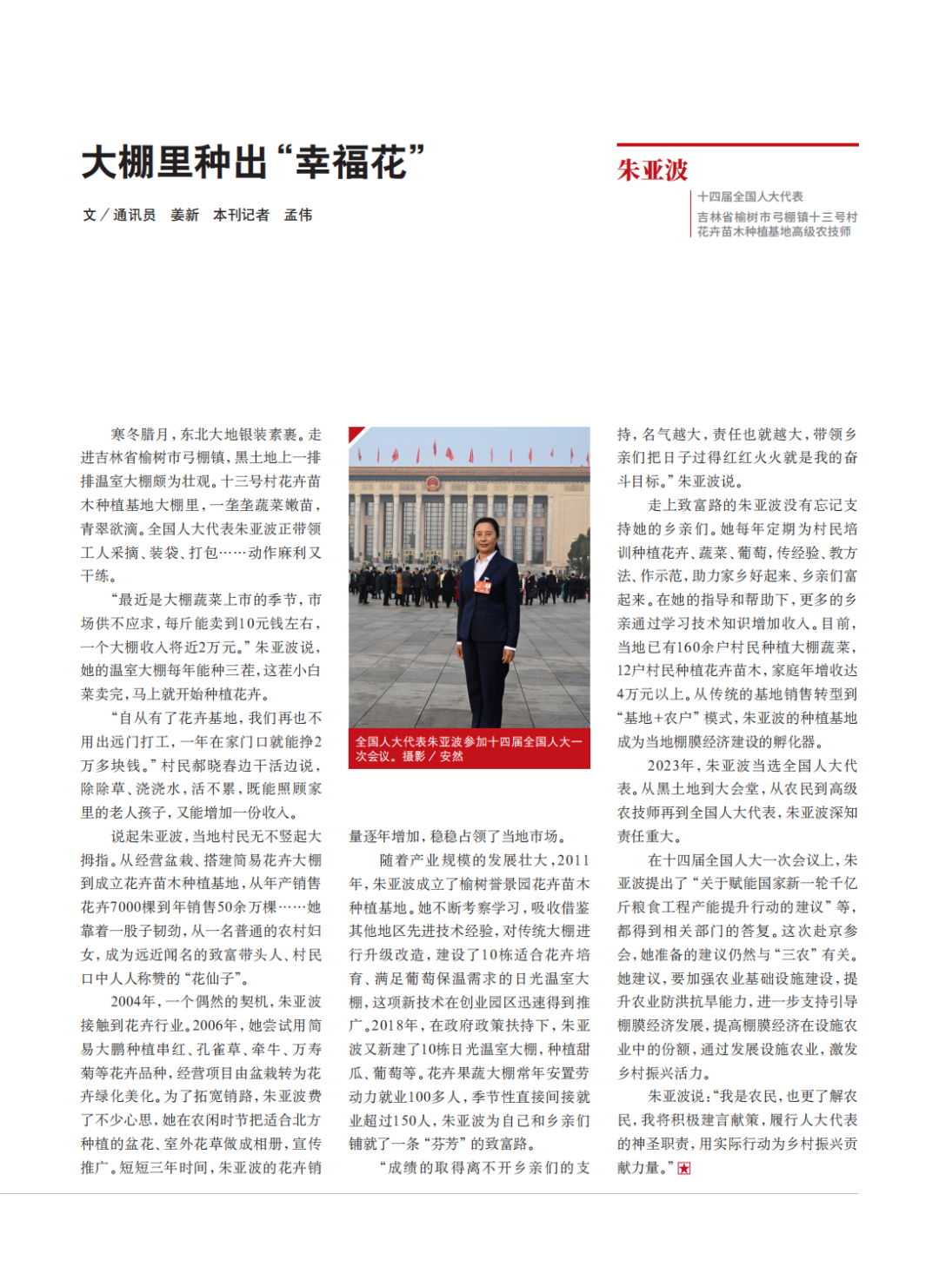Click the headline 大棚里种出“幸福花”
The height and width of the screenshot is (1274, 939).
pyautogui.click(x=253, y=163)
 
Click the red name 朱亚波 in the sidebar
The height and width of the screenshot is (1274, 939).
pyautogui.click(x=652, y=170)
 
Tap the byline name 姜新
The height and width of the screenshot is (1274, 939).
pyautogui.click(x=184, y=215)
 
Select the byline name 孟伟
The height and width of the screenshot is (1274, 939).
pyautogui.click(x=298, y=215)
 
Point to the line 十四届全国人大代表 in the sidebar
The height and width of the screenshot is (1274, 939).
pyautogui.click(x=749, y=196)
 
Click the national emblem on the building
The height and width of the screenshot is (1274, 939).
pyautogui.click(x=432, y=483)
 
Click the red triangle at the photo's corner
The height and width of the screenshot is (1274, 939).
pyautogui.click(x=355, y=432)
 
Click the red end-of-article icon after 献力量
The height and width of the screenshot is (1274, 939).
pyautogui.click(x=684, y=1169)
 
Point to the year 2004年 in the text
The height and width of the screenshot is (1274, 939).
pyautogui.click(x=130, y=1001)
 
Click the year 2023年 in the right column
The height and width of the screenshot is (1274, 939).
pyautogui.click(x=670, y=766)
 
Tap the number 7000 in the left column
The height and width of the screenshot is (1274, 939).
pyautogui.click(x=124, y=907)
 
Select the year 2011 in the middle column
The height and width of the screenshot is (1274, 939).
pyautogui.click(x=573, y=860)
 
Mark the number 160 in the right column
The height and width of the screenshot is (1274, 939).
pyautogui.click(x=688, y=647)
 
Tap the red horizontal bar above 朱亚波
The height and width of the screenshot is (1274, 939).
pyautogui.click(x=737, y=144)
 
